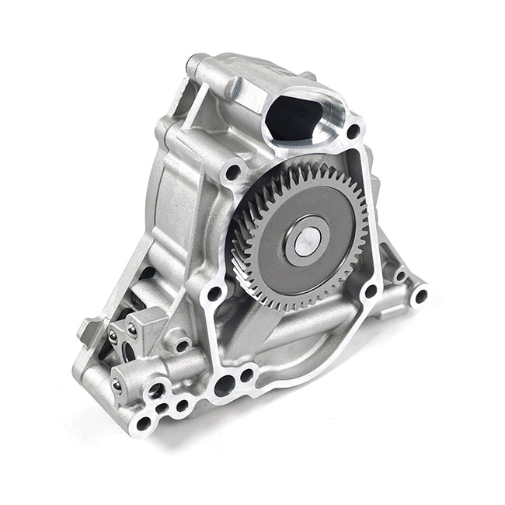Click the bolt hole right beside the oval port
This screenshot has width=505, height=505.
pyautogui.click(x=353, y=131)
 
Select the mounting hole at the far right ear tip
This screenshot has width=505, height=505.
pyautogui.click(x=420, y=296)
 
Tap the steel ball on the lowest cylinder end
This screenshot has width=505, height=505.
pyautogui.click(x=117, y=382)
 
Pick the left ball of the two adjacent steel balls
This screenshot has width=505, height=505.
pyautogui.click(x=113, y=336)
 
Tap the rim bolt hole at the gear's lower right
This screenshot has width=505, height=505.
pyautogui.click(x=371, y=291)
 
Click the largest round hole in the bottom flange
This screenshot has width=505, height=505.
pyautogui.click(x=225, y=383)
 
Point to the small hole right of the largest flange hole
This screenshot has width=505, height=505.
pyautogui.click(x=247, y=376)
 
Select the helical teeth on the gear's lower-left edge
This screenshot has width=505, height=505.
pyautogui.click(x=247, y=268)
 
